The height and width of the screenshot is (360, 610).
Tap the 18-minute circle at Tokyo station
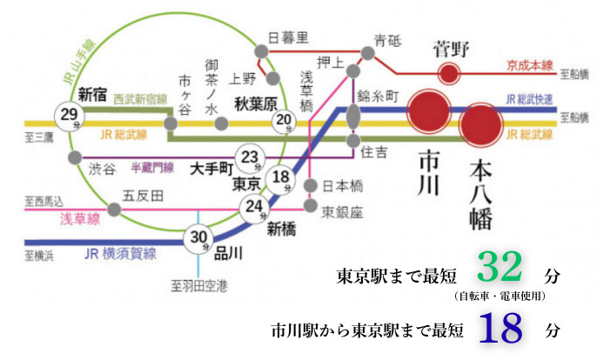point(280,178)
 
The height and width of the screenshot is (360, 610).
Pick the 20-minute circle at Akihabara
point(284,121)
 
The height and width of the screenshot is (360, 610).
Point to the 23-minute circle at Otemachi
point(251,157)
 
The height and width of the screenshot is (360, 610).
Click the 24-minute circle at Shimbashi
point(254,207)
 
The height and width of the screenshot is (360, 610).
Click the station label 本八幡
point(480,193)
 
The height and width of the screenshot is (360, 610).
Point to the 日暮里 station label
point(291,38)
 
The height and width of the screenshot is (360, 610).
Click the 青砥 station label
point(387,41)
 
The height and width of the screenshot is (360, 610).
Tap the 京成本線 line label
point(530,65)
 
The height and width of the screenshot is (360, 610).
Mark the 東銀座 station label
point(341,210)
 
